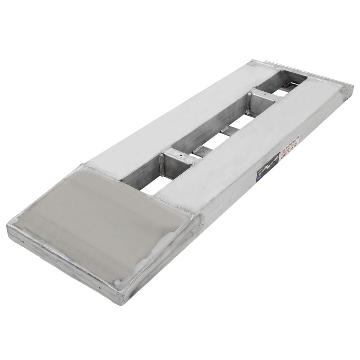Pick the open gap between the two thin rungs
216,140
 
